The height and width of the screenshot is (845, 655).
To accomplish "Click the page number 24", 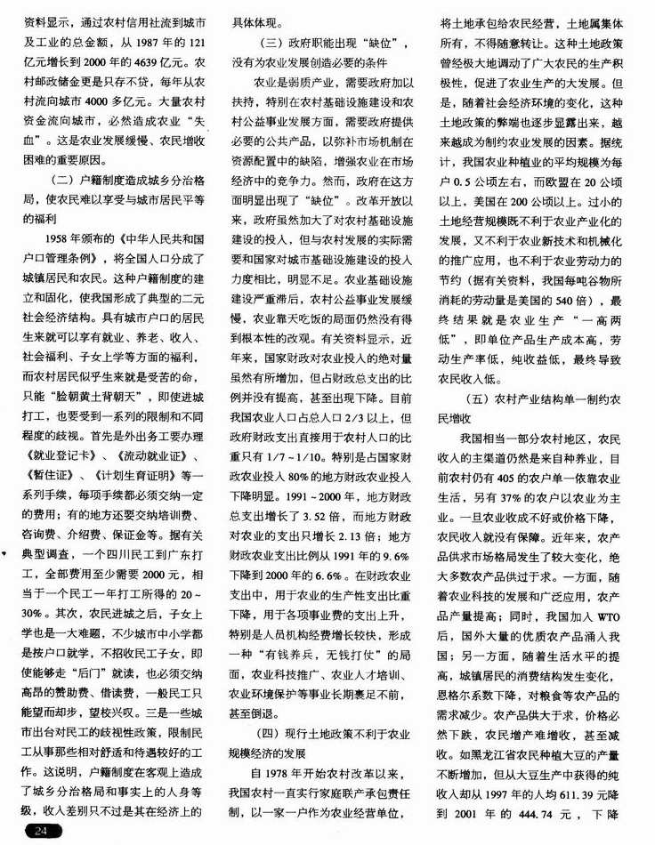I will [x=41, y=830].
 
